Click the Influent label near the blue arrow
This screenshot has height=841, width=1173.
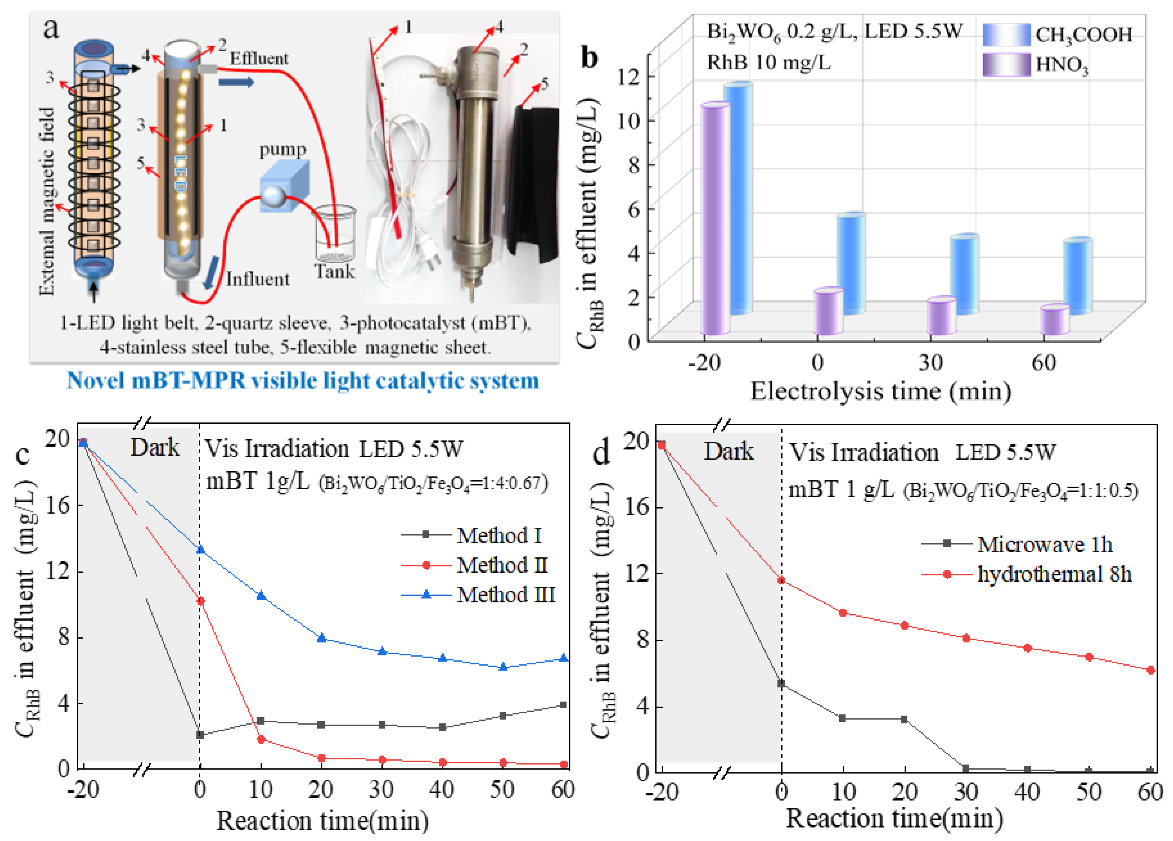pyautogui.click(x=257, y=279)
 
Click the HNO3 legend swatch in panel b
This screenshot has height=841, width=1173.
pyautogui.click(x=1006, y=65)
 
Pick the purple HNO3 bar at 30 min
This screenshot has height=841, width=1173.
pyautogui.click(x=941, y=316)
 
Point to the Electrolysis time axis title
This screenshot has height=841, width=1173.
pyautogui.click(x=880, y=391)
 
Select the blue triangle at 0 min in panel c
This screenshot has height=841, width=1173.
pyautogui.click(x=200, y=549)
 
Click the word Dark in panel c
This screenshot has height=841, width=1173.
pyautogui.click(x=155, y=448)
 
